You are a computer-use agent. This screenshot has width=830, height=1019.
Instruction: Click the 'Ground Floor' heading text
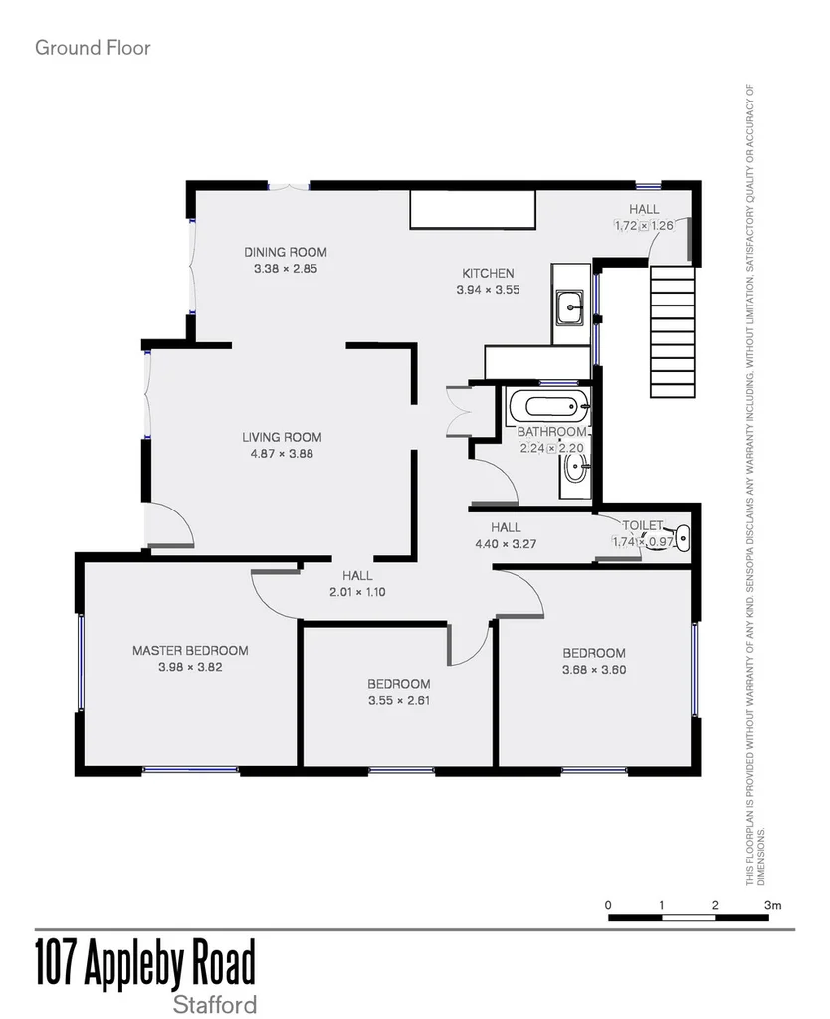93,47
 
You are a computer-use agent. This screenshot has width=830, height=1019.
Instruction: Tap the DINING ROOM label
286,252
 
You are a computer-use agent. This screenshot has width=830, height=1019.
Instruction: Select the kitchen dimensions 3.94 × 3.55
488,290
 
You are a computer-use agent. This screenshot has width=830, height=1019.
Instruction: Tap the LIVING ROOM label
282,437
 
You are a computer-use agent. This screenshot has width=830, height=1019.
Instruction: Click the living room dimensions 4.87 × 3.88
282,454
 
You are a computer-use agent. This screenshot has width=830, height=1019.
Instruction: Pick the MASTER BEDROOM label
190,651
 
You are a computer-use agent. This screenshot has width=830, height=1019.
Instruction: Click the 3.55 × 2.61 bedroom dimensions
398,700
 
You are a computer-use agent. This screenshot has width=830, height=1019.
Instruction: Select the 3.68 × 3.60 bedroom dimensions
594,670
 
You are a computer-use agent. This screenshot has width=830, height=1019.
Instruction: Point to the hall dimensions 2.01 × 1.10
357,592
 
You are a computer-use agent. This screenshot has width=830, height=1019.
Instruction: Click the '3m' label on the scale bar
773,905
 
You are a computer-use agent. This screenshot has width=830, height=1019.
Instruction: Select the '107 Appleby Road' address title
145,963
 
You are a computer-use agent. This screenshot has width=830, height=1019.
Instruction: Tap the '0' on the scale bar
608,905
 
